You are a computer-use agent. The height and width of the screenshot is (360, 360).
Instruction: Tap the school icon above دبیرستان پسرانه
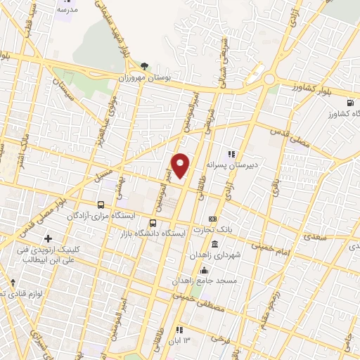230,154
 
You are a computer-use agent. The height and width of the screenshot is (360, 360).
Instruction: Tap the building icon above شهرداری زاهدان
214,244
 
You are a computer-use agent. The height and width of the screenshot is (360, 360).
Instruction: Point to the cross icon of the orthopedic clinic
48,238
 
